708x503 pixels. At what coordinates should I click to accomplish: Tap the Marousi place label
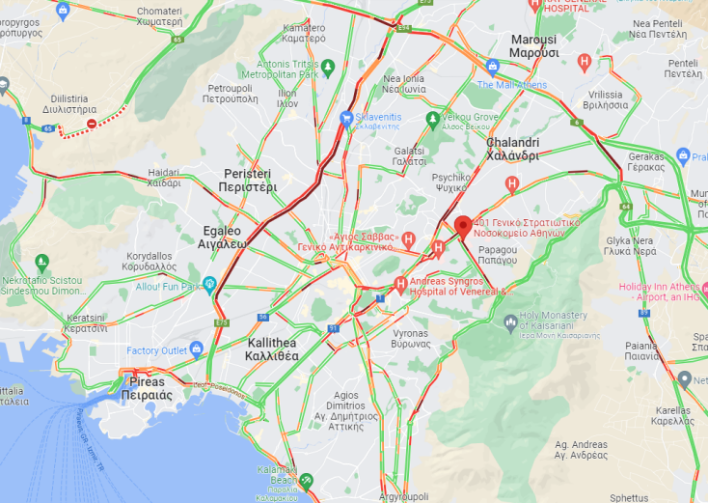click(x=533, y=45)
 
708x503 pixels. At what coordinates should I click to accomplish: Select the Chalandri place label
click(x=511, y=149)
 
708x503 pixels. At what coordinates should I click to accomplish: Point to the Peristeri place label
click(x=247, y=180)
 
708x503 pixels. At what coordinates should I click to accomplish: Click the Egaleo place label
click(x=223, y=238)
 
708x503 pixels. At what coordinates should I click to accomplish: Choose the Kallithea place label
click(x=272, y=349)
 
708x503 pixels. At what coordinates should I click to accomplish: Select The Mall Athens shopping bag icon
click(x=493, y=68)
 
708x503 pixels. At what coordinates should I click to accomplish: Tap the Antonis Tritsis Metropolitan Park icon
click(x=328, y=67)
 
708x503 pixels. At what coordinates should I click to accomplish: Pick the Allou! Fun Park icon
click(x=209, y=285)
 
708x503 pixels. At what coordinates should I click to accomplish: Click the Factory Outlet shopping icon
click(x=197, y=349)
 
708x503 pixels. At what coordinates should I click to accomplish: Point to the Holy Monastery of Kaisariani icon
click(x=510, y=322)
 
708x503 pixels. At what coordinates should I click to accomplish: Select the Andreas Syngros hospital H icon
click(x=400, y=285)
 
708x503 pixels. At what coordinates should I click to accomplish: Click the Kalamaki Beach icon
click(x=307, y=480)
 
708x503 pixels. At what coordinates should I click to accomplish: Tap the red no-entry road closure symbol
click(x=92, y=124)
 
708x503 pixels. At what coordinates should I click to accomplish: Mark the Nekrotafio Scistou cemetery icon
click(x=41, y=262)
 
